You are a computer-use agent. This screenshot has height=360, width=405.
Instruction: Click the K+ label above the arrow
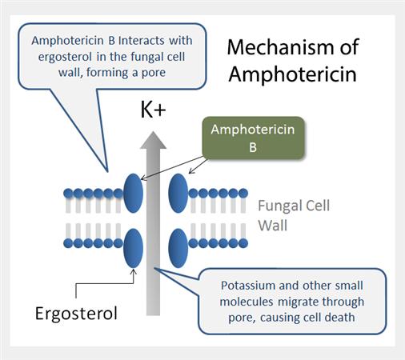154,110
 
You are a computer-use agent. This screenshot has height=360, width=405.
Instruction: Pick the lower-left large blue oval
133,245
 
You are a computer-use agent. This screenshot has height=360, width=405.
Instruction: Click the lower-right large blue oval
178,245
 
